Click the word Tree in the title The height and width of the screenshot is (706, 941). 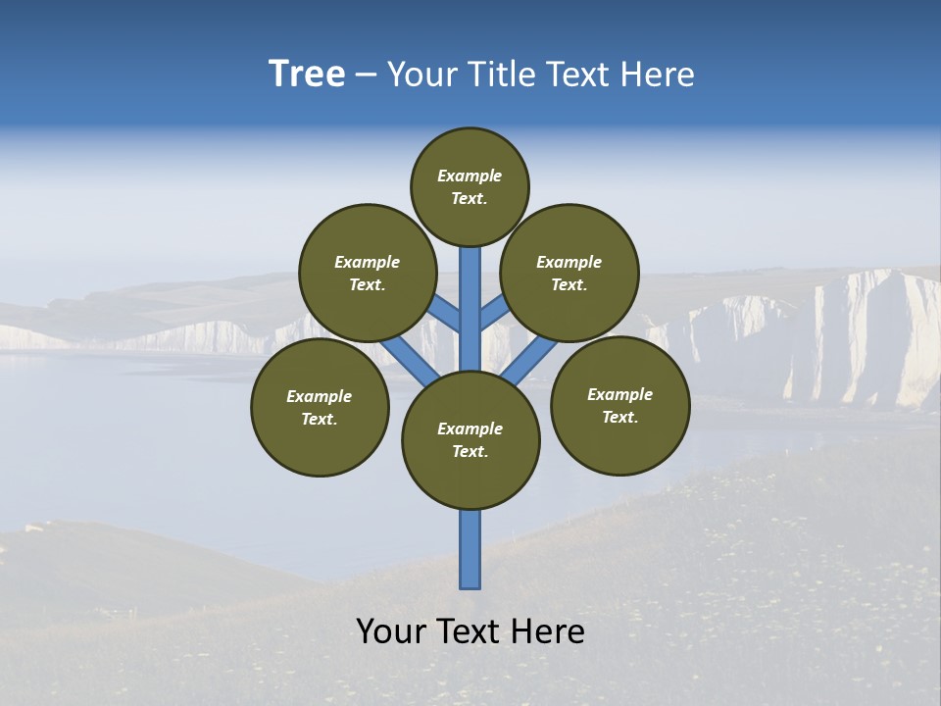point(307,75)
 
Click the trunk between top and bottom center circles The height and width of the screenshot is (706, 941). point(470,309)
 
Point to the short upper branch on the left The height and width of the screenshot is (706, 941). point(446,315)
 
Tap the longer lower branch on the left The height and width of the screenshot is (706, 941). point(410,360)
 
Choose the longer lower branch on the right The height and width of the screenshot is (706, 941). point(530,360)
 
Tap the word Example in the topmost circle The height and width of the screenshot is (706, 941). point(470,176)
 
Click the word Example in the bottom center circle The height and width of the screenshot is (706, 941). point(470,429)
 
